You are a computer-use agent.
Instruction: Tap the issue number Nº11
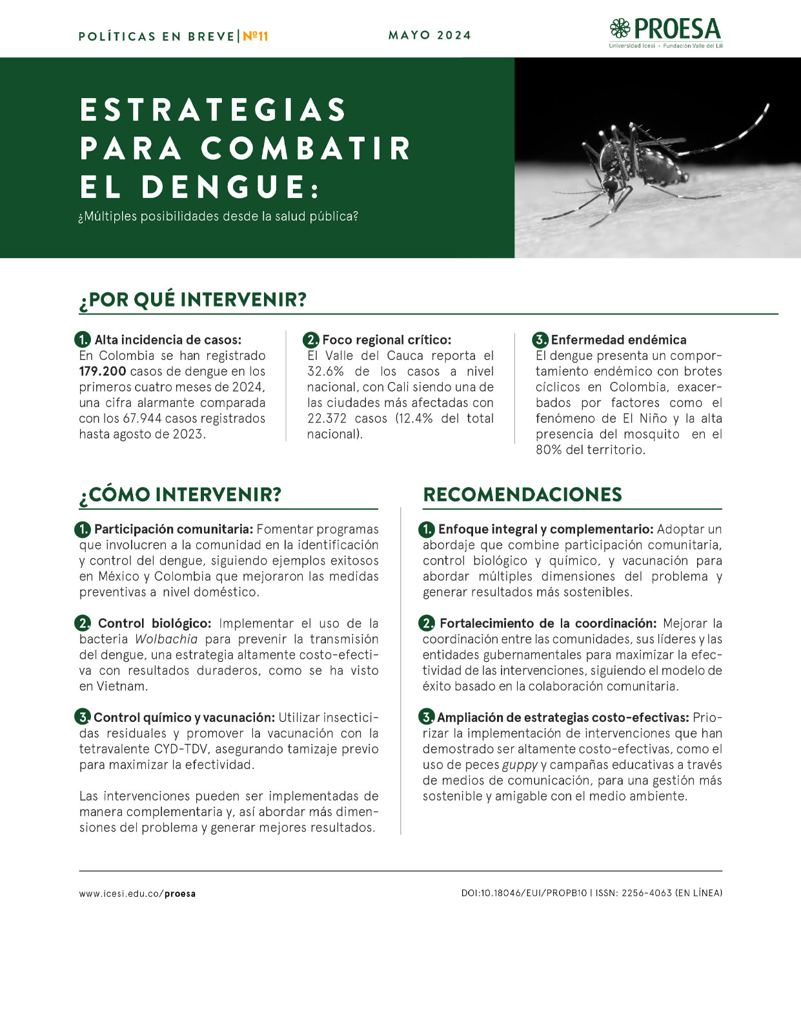click(x=256, y=36)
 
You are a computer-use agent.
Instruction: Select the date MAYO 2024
click(x=430, y=35)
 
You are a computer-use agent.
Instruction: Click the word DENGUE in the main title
click(x=223, y=186)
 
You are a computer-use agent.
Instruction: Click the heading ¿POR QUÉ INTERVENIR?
click(x=192, y=300)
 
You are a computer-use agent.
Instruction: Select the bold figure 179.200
click(x=102, y=372)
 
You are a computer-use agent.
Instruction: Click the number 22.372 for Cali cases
click(x=329, y=419)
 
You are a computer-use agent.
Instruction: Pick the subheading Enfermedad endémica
click(x=618, y=340)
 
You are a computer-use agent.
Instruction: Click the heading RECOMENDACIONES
click(x=522, y=495)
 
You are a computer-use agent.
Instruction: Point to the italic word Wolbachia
click(x=167, y=639)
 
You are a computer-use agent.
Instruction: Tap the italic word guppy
click(x=520, y=765)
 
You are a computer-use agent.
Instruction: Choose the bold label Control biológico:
click(x=154, y=624)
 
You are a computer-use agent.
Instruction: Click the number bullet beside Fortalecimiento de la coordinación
click(x=427, y=623)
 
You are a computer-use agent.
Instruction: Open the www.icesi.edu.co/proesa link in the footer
click(x=137, y=894)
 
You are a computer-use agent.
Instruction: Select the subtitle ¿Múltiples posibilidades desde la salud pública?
click(x=218, y=217)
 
